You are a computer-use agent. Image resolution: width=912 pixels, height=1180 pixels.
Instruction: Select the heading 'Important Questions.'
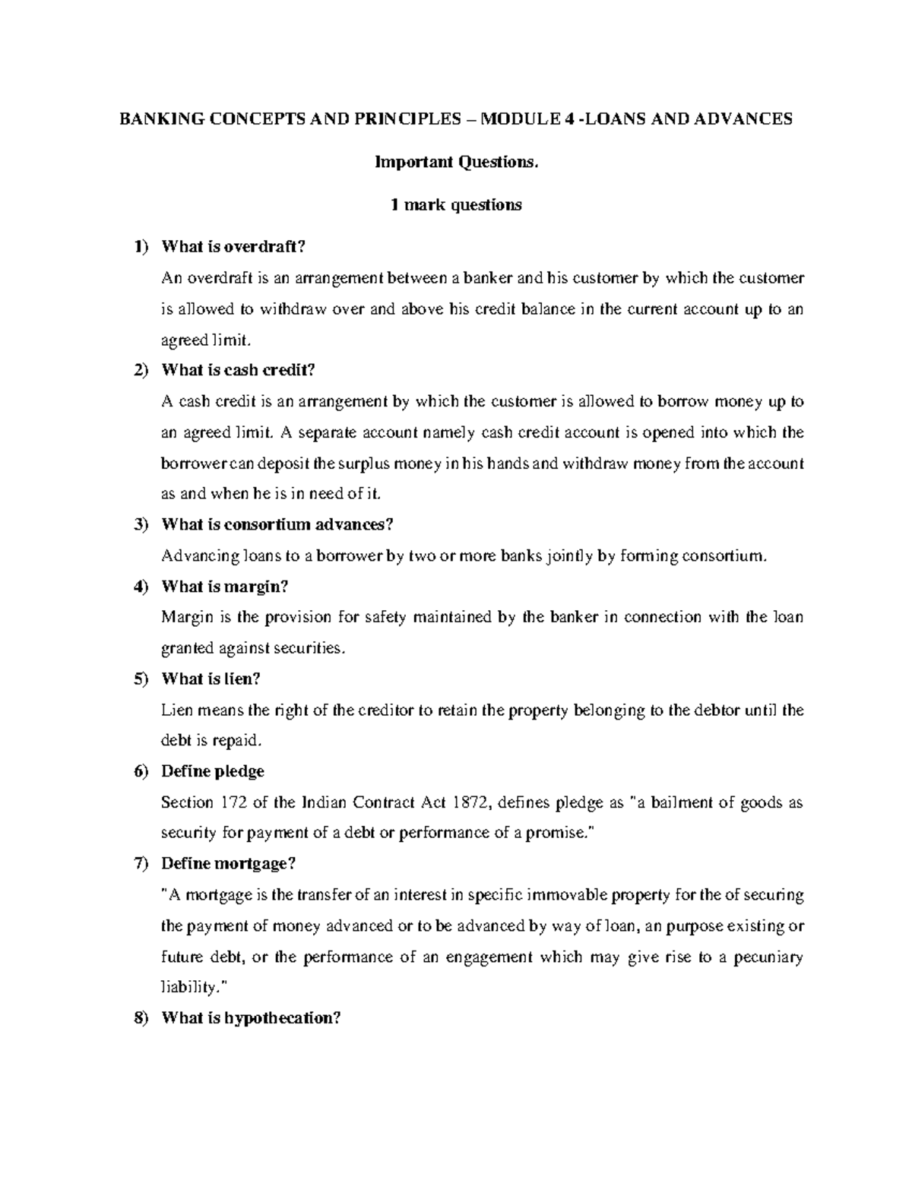455,162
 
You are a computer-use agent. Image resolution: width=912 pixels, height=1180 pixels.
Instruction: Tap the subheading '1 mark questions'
455,204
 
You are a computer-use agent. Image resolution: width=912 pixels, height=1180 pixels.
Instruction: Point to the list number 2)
141,370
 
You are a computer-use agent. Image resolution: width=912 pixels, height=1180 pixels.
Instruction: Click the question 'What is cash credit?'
237,370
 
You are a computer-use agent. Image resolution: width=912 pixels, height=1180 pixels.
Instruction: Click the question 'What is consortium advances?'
278,524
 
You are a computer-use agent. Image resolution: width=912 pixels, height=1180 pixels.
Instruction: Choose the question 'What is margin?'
226,587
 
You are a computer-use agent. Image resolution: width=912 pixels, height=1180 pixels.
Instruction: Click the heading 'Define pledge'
213,771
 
